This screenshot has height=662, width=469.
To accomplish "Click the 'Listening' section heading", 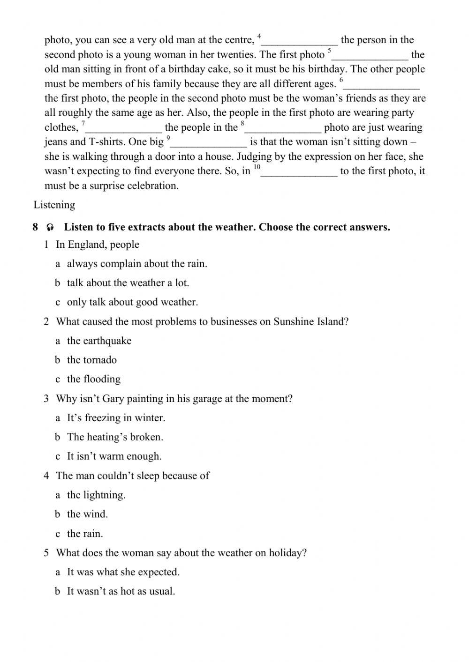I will pos(54,205).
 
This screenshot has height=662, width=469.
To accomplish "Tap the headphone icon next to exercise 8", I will pos(50,228).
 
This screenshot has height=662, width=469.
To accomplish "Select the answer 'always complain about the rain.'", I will pos(136,264).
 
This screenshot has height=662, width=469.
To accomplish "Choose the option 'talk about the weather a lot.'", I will pos(128,283).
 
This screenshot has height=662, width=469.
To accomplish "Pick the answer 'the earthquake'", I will pos(99,341).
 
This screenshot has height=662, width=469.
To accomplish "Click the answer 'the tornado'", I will pos(91,360).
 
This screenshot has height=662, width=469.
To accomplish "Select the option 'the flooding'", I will pos(93,379).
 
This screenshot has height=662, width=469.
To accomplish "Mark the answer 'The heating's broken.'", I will pos(115,437).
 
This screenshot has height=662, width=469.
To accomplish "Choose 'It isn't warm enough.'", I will pos(114,456).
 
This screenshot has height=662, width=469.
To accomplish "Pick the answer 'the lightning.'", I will pos(96,495).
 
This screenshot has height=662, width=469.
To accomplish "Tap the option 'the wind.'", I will pos(87,514).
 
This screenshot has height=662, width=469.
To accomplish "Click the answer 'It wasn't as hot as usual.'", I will pos(121,591).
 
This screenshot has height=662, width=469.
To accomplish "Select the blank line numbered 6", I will pos(382,85).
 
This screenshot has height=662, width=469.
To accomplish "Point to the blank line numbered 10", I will pos(299,172).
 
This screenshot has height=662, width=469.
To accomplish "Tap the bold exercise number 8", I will pos(36,228).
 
